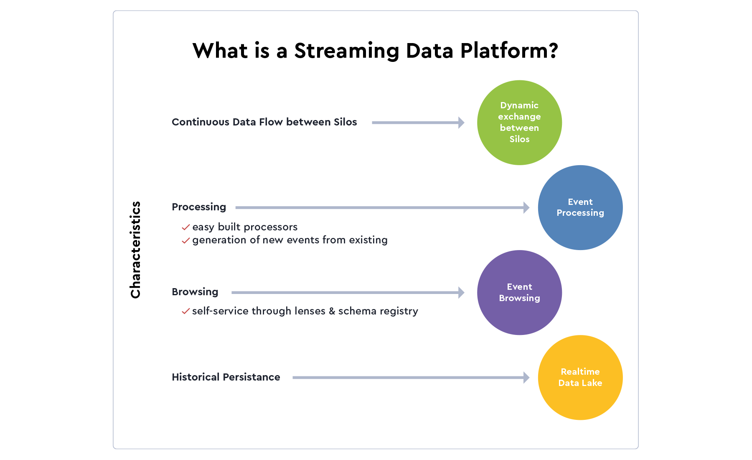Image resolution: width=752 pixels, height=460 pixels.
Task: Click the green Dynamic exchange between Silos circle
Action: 519,123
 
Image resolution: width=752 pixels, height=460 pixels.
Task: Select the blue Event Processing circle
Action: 580,207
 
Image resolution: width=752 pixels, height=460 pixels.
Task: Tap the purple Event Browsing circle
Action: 519,292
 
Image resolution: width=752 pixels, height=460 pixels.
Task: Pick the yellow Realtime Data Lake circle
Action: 580,377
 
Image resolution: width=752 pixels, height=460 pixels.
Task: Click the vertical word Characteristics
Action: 135,250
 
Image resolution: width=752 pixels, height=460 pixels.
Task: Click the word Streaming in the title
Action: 346,51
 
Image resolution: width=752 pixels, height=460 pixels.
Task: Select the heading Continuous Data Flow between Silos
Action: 264,122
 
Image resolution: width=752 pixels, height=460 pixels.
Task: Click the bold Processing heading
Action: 199,207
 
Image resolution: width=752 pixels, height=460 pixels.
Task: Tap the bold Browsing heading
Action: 195,292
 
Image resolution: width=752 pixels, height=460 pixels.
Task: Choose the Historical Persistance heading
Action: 226,377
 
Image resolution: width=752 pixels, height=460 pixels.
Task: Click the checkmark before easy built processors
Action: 186,227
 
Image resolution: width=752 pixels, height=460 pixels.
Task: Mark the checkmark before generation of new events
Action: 186,240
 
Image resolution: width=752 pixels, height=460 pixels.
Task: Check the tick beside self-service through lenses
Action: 186,312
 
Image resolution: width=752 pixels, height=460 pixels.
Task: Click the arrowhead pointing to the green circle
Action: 461,123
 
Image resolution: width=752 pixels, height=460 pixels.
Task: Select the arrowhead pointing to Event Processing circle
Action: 526,207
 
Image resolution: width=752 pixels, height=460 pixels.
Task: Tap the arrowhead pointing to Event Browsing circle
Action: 461,292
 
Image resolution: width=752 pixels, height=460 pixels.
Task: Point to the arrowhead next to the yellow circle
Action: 526,378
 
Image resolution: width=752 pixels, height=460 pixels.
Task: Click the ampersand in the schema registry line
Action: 332,311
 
